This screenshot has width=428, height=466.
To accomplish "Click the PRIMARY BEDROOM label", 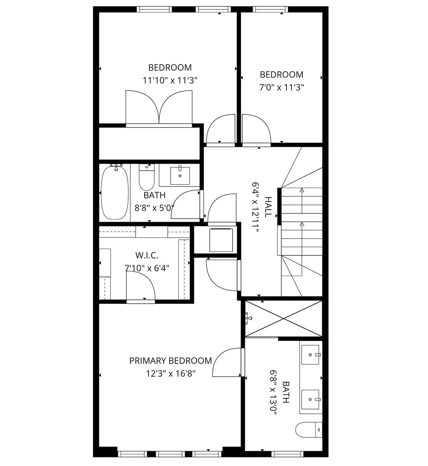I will point(171,361).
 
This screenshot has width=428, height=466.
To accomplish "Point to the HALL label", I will point(268,207).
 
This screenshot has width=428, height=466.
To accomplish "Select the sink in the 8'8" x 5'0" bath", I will point(179,175).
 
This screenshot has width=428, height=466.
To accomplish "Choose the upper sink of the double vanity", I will point(311,355).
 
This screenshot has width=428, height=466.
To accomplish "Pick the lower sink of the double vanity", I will point(311,400).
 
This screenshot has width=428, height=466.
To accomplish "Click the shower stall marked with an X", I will point(283,319).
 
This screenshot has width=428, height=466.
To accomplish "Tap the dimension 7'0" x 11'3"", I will point(281,87).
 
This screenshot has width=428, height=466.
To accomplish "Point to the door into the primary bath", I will point(228,363).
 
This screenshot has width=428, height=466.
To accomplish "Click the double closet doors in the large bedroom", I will point(159,108).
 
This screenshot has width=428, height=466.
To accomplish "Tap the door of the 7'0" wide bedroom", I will point(256,129).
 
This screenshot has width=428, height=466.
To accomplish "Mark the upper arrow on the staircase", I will point(301,190).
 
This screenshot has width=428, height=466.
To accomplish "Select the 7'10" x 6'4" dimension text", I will point(147,268).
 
